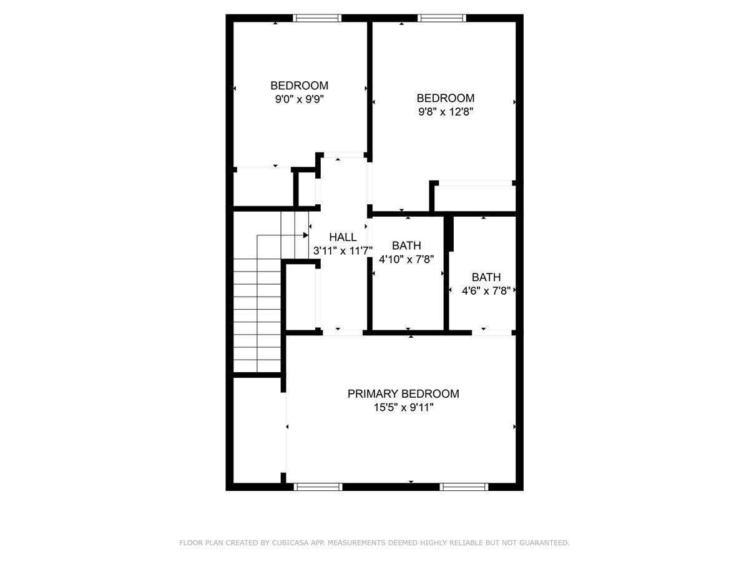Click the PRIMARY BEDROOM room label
[403, 394]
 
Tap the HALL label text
[343, 237]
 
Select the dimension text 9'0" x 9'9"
[299, 99]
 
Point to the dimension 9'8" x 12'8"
[446, 112]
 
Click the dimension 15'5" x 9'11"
[403, 408]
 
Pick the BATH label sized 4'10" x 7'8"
[406, 245]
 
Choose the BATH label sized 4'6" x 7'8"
[486, 277]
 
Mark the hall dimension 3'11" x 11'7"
[343, 251]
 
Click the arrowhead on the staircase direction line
[306, 235]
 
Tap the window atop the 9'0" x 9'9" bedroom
[318, 18]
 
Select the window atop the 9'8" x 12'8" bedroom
[442, 18]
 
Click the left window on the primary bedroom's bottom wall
[318, 486]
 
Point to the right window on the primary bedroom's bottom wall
[464, 486]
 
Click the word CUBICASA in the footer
[288, 543]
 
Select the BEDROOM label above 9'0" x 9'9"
[299, 86]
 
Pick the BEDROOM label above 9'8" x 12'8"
[446, 98]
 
